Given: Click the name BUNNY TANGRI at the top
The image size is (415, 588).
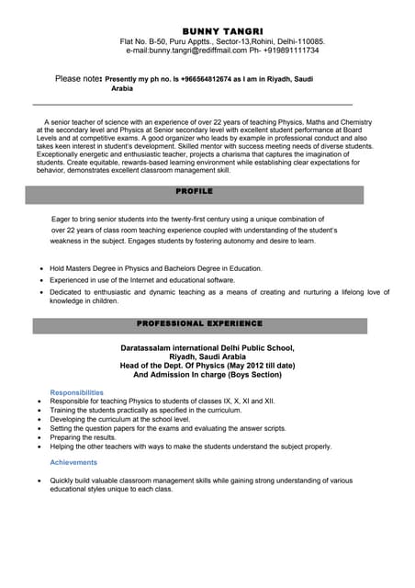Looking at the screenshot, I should [x=222, y=31].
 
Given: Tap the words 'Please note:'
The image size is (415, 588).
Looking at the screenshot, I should [x=78, y=80].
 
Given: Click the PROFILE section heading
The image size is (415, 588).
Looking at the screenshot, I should [x=194, y=191].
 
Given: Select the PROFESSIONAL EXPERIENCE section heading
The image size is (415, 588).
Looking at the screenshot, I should [x=199, y=323].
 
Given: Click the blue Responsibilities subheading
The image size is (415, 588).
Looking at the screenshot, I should [x=76, y=392].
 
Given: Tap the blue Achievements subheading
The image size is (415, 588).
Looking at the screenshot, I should [x=73, y=462].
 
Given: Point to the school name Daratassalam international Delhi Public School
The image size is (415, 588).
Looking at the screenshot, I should [x=207, y=348].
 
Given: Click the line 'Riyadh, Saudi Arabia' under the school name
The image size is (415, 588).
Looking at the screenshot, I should [x=207, y=357].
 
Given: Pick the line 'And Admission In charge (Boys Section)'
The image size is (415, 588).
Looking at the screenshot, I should [x=207, y=375].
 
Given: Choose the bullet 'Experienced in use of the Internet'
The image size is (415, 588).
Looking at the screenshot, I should [x=142, y=280].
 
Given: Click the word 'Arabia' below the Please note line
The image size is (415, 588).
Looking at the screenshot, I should [x=122, y=89].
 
